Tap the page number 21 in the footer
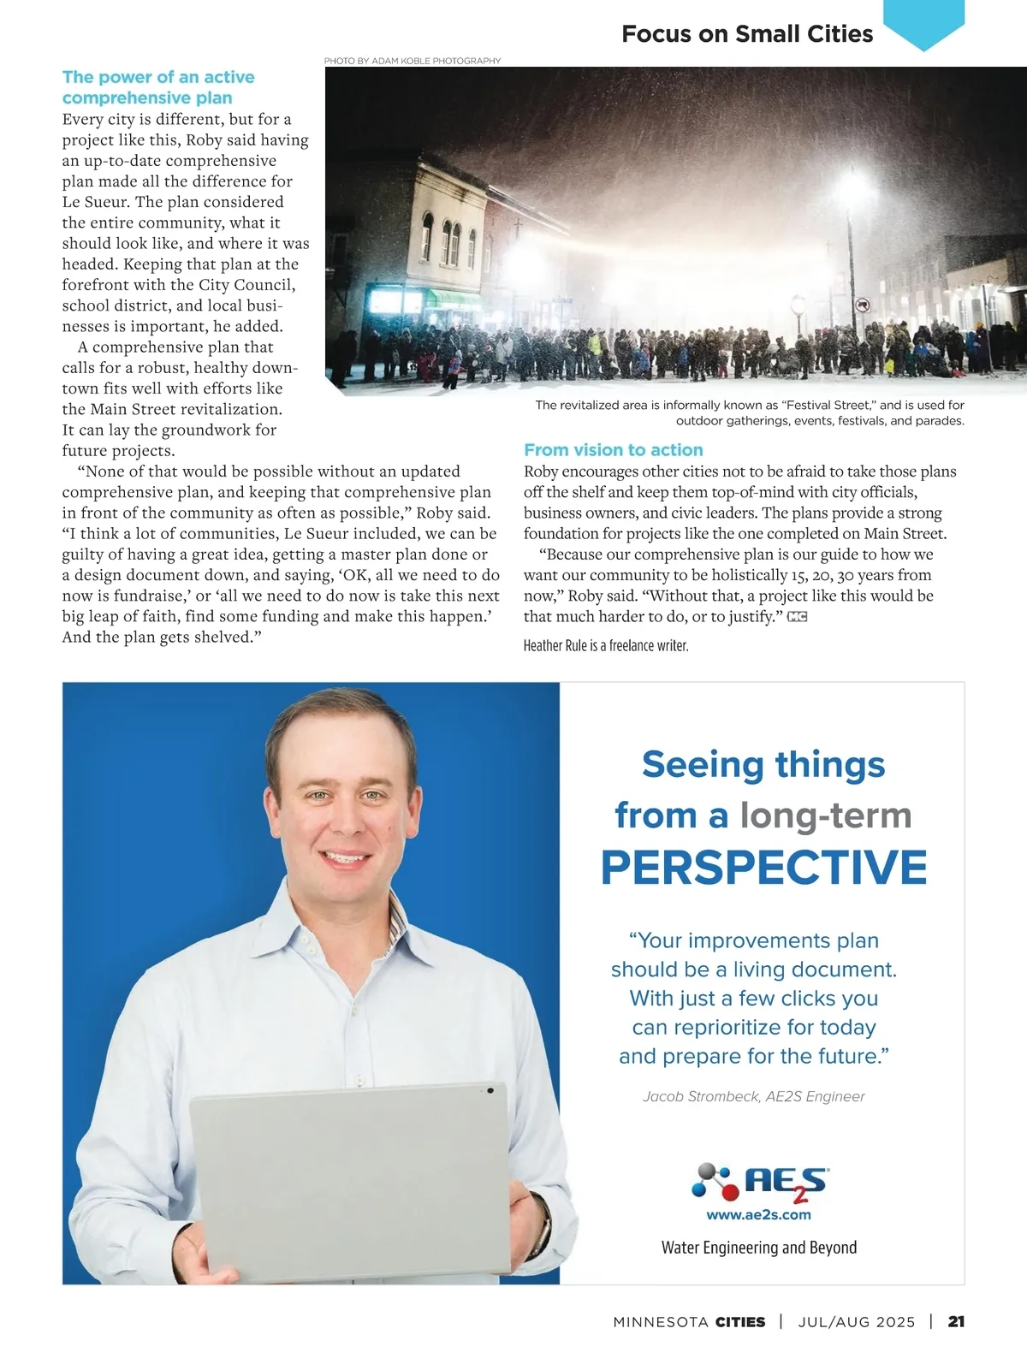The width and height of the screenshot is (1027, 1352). point(956,1321)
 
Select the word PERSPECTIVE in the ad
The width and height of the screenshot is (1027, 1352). point(763,867)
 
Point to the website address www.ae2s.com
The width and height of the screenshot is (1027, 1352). point(758,1214)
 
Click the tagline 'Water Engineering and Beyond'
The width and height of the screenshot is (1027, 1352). point(758,1248)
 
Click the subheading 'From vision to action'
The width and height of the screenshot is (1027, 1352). point(613,450)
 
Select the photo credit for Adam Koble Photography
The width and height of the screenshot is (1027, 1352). point(412,61)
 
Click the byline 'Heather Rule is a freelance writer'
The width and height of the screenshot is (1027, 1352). point(606,645)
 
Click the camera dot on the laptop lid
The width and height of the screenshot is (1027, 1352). point(490,1091)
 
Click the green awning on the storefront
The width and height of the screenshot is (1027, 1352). point(454,298)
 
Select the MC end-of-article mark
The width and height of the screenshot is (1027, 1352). point(797,617)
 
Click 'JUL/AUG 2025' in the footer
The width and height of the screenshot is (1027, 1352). point(857,1321)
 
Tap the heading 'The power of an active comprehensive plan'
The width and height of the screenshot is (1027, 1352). point(158,87)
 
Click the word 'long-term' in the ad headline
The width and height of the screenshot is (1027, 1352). point(825,815)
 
